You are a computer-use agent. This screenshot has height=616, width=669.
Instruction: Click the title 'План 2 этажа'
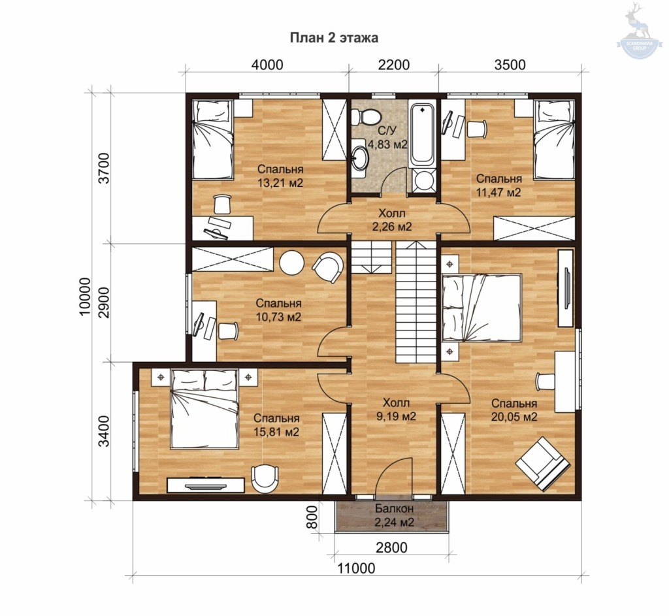[334, 38]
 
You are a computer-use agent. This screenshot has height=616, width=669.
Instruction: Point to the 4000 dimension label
[267, 65]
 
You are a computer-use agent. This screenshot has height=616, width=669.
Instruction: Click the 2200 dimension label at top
[394, 65]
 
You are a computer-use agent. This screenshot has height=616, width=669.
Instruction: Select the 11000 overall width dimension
[357, 569]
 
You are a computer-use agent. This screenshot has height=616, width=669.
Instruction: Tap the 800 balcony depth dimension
[313, 517]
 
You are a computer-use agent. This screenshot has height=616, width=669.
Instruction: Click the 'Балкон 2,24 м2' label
[394, 515]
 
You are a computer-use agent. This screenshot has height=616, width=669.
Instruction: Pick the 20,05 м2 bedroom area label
[514, 410]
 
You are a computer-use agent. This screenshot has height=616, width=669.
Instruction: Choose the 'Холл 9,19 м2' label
[396, 410]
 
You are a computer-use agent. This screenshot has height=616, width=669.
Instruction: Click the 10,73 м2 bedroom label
[278, 310]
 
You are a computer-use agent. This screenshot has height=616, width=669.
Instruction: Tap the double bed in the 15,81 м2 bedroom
[204, 409]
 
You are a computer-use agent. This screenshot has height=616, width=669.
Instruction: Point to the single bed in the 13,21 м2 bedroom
[212, 140]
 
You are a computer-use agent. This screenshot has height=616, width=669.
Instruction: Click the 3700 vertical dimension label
[104, 168]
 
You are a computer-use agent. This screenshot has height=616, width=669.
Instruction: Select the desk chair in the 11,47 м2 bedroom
[476, 129]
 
